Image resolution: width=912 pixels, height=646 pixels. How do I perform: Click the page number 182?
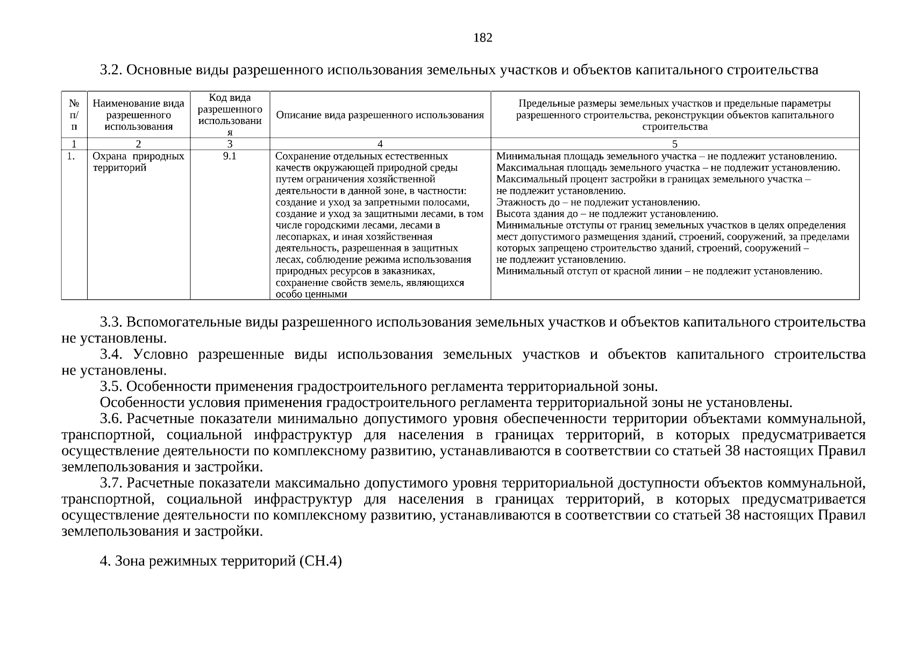(x=482, y=38)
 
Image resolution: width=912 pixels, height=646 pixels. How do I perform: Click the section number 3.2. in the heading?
(x=112, y=70)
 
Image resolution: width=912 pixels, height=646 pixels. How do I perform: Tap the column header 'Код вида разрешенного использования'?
(x=230, y=115)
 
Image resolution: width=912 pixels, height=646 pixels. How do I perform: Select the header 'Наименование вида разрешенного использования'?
(x=139, y=115)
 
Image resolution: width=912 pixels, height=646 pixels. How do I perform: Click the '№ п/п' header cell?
(x=74, y=115)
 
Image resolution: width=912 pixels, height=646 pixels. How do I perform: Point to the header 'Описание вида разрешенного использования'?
(x=380, y=115)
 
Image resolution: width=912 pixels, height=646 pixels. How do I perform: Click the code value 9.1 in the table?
(x=230, y=156)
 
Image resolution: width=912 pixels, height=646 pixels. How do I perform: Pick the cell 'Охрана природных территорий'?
(x=138, y=161)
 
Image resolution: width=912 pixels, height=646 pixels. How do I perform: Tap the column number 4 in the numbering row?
(x=380, y=144)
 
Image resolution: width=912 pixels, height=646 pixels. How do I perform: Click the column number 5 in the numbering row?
(x=675, y=144)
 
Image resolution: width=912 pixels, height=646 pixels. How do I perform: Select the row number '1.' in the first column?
(x=71, y=156)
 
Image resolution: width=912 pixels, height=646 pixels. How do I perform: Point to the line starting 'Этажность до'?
(x=597, y=202)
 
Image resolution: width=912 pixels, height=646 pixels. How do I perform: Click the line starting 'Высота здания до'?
(x=607, y=214)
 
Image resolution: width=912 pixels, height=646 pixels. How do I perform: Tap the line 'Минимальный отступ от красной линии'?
(x=659, y=271)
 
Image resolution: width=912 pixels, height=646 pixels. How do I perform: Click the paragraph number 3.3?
(x=112, y=322)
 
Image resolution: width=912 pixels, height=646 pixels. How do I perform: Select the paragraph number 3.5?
(x=112, y=387)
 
